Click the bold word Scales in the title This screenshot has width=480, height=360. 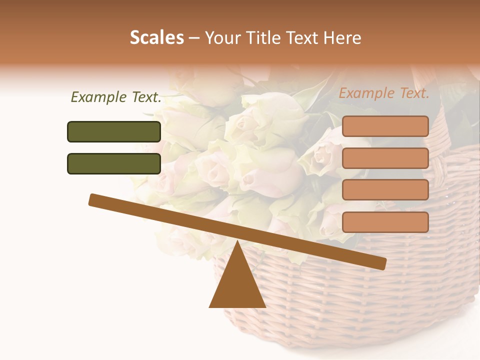157,37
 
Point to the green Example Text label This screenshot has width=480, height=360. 116,97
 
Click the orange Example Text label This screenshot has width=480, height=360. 384,93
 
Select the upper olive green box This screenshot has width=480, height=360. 114,131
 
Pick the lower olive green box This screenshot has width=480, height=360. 114,163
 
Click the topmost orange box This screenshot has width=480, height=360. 385,126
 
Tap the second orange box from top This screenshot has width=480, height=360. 385,158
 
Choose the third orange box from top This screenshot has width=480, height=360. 385,190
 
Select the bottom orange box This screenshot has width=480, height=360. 385,222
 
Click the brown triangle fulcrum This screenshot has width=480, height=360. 237,285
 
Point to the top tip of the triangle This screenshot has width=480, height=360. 237,242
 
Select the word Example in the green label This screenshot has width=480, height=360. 99,97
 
